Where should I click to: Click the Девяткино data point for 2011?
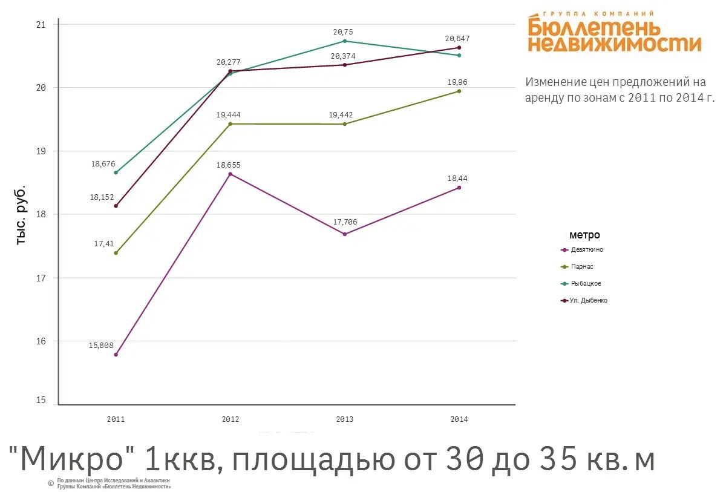coord(116,355)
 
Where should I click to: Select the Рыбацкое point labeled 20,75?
coord(345,41)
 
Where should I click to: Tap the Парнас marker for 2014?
coord(459,91)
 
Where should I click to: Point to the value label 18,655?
coord(230,165)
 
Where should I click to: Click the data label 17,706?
coord(345,222)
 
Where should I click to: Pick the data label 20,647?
coord(457,39)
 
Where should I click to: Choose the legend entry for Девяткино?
coord(582,249)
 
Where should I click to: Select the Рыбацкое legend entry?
coord(581,283)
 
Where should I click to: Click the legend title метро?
coord(584,235)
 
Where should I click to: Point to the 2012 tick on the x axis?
coord(230,419)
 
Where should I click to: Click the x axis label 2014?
coord(459,419)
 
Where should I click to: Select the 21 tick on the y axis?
coord(41,25)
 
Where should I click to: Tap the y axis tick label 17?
coord(41,278)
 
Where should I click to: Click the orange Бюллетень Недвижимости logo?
coord(614,33)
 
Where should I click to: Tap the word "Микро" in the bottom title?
coord(73,459)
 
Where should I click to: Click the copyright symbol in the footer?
coord(51,483)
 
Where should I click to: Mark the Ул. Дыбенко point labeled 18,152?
coord(116,206)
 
